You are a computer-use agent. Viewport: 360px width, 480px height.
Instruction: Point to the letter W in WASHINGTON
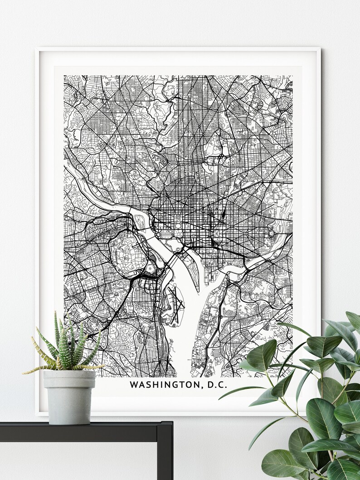pyautogui.click(x=134, y=385)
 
